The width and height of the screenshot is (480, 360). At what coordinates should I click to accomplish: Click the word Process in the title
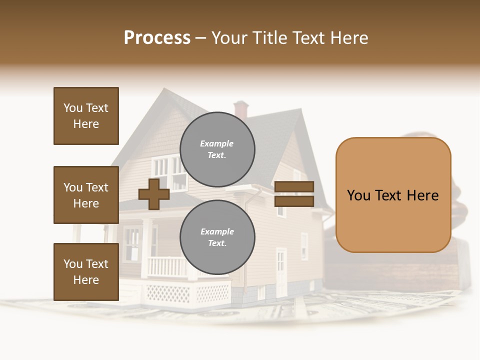(x=157, y=38)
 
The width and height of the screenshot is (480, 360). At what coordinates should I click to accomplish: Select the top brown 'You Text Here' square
(x=86, y=116)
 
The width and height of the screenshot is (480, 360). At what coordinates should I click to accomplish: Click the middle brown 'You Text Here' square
(x=86, y=195)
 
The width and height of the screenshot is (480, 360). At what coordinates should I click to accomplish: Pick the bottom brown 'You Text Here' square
(x=86, y=272)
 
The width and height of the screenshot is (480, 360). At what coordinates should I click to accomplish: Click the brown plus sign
(x=154, y=193)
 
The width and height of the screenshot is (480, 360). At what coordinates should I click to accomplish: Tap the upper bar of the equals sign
(x=294, y=186)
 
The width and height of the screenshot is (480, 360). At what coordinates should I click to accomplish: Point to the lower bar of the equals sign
(x=294, y=201)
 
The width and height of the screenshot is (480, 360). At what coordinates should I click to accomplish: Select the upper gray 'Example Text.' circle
(x=217, y=149)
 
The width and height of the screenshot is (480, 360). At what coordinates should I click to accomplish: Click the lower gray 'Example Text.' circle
(x=217, y=237)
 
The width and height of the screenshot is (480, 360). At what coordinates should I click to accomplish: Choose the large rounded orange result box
(x=393, y=195)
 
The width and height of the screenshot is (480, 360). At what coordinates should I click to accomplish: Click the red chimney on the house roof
(x=241, y=109)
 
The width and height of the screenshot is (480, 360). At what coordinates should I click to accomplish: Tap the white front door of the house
(x=281, y=270)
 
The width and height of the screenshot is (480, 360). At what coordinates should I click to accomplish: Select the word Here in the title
(x=349, y=38)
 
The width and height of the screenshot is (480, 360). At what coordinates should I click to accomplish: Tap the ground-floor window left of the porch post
(x=132, y=242)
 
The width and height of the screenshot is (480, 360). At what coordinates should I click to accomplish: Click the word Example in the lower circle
(x=217, y=231)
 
